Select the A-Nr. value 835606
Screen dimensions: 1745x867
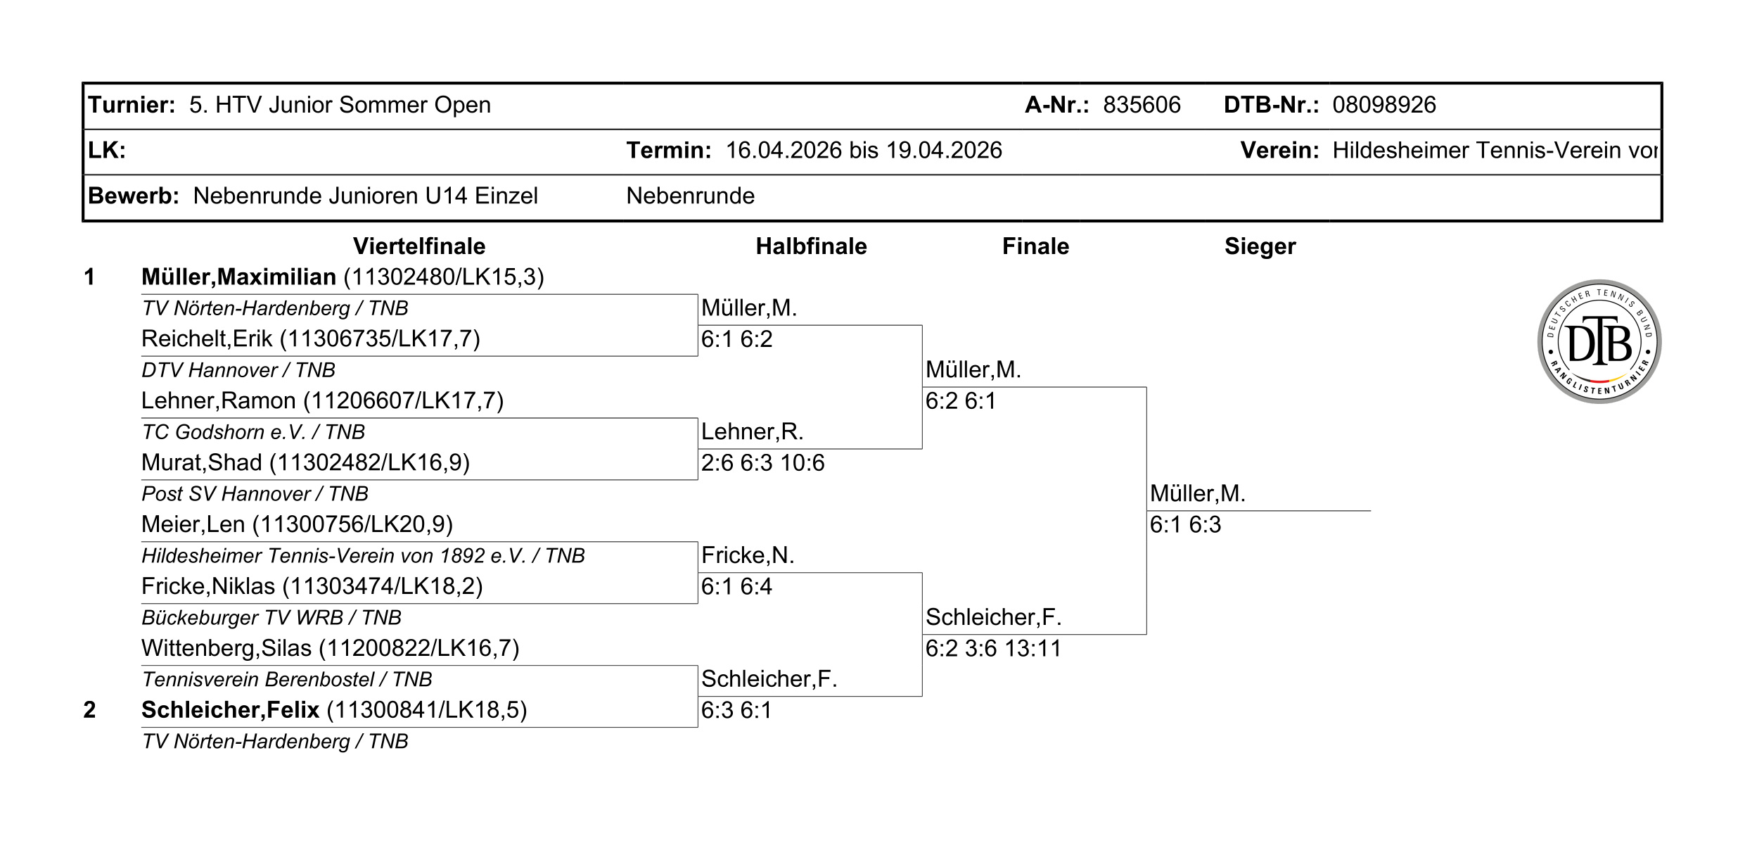click(x=1142, y=105)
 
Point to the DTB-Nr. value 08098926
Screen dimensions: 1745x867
click(x=1384, y=105)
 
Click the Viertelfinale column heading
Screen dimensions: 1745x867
click(x=419, y=246)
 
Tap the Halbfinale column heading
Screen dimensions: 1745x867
click(x=811, y=246)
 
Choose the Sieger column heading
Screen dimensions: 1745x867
click(x=1260, y=247)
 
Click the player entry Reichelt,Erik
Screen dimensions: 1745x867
click(x=311, y=339)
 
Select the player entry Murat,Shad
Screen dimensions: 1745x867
click(x=305, y=463)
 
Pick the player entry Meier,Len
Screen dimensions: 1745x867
click(x=297, y=525)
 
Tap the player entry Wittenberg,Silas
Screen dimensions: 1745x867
click(x=330, y=648)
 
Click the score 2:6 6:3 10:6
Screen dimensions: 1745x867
click(x=762, y=463)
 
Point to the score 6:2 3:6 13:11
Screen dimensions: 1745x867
click(x=993, y=648)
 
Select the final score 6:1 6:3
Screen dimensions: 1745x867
click(x=1185, y=525)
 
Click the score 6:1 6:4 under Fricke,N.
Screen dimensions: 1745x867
click(x=736, y=586)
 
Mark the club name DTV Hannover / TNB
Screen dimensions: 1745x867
click(x=238, y=370)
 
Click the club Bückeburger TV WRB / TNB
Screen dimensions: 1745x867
click(x=271, y=618)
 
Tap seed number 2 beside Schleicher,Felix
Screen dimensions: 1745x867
click(x=89, y=709)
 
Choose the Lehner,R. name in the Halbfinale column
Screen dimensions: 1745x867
click(x=752, y=431)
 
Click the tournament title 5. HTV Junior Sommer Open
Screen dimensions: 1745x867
click(x=340, y=105)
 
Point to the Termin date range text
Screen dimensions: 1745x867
click(x=864, y=151)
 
